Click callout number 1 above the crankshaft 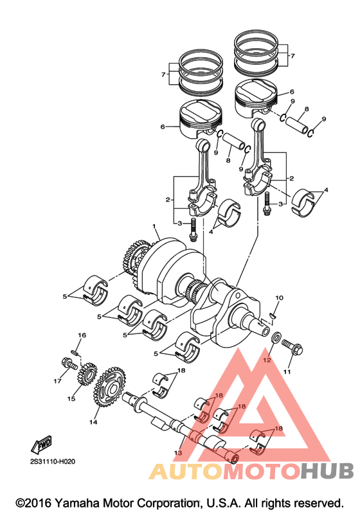(x=154, y=226)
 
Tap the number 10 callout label (x=279, y=298)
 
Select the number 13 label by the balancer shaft (x=177, y=453)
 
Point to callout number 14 (x=93, y=422)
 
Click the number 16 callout (x=82, y=335)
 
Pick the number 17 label (x=57, y=381)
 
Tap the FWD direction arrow (x=42, y=445)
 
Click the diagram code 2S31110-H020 (x=53, y=462)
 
